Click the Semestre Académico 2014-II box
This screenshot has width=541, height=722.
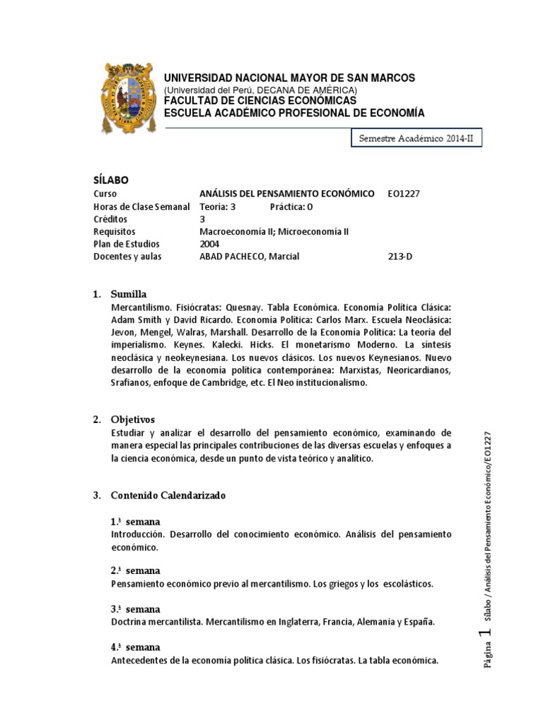pyautogui.click(x=416, y=140)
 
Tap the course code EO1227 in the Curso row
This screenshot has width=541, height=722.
pyautogui.click(x=404, y=193)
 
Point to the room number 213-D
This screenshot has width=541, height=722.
pyautogui.click(x=400, y=256)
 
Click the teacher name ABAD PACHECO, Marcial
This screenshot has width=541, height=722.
pyautogui.click(x=249, y=256)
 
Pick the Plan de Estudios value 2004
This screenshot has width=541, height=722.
pyautogui.click(x=210, y=244)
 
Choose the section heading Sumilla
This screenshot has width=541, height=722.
pyautogui.click(x=128, y=293)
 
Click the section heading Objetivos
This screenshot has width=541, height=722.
pyautogui.click(x=132, y=420)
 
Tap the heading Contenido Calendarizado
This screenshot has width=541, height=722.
pyautogui.click(x=168, y=496)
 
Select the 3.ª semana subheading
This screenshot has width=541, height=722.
pyautogui.click(x=135, y=609)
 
